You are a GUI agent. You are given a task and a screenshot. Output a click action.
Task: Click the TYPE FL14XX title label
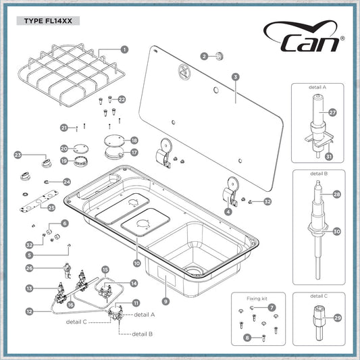pyautogui.click(x=48, y=21)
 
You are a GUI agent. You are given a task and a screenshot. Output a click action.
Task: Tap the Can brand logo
pyautogui.click(x=304, y=36)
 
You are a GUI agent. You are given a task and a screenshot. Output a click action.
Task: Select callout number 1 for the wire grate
pyautogui.click(x=124, y=49)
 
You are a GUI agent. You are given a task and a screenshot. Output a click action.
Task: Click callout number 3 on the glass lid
pyautogui.click(x=236, y=77)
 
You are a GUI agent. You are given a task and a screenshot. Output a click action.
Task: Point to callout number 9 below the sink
pyautogui.click(x=165, y=301)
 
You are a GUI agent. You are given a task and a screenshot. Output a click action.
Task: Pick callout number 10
pyautogui.click(x=137, y=263)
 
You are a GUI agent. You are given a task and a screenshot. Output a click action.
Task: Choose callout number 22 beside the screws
pyautogui.click(x=122, y=99)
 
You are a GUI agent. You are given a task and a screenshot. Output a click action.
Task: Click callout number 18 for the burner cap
pyautogui.click(x=134, y=140)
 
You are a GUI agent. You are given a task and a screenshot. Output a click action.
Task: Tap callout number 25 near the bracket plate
pyautogui.click(x=51, y=208)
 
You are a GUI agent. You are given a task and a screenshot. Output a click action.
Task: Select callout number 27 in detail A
pyautogui.click(x=332, y=113)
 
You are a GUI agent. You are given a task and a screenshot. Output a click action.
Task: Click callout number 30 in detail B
pyautogui.click(x=336, y=232)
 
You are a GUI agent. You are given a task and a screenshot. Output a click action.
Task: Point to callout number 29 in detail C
pyautogui.click(x=337, y=318)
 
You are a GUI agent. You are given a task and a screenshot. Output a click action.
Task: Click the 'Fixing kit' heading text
pyautogui.click(x=257, y=299)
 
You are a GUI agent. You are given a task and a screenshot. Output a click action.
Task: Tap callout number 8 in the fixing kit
pyautogui.click(x=247, y=338)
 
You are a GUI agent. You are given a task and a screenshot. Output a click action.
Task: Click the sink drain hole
pyautogui.click(x=195, y=270)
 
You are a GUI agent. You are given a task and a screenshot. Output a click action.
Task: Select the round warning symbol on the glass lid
pyautogui.click(x=184, y=71)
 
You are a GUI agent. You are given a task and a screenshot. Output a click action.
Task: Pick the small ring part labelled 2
pyautogui.click(x=220, y=56)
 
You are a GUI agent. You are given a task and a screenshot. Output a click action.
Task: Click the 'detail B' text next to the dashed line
pyautogui.click(x=143, y=334)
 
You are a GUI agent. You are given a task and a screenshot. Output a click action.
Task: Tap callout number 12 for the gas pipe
pyautogui.click(x=30, y=311)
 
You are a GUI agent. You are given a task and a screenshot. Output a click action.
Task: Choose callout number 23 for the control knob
pyautogui.click(x=18, y=155)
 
